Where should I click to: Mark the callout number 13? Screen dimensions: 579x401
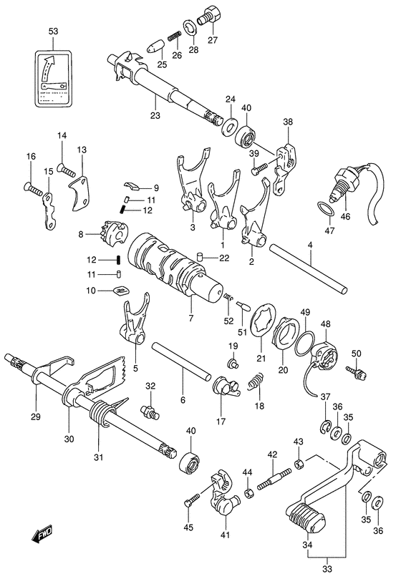click(x=82, y=150)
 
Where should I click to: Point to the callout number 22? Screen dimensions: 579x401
click(x=223, y=258)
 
